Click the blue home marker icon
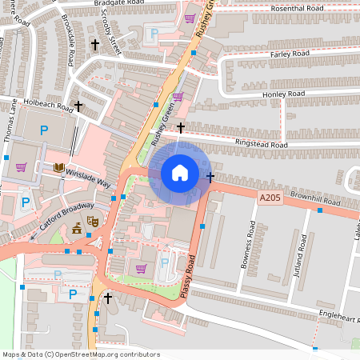click(x=180, y=173)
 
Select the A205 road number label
click(x=270, y=197)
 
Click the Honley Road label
click(x=284, y=94)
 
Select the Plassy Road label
click(x=190, y=276)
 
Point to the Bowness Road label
click(x=247, y=248)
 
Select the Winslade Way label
click(x=88, y=176)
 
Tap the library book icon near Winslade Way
click(x=58, y=167)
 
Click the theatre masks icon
click(x=92, y=220)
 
